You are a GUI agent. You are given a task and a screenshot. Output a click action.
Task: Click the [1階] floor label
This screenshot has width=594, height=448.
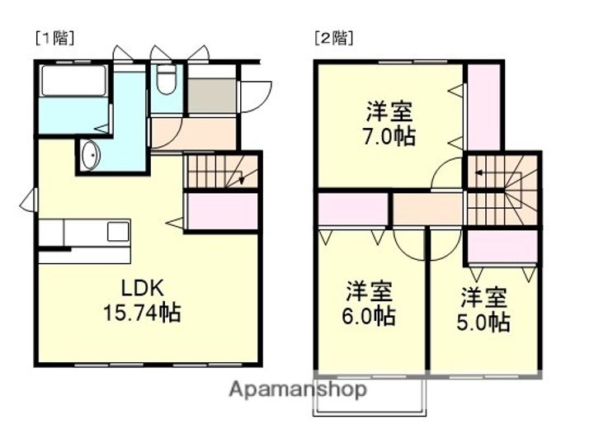tap(54, 37)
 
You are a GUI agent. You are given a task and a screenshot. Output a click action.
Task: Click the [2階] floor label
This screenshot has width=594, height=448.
tap(332, 37)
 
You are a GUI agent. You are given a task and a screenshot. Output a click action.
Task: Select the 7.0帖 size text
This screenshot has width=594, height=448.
tap(389, 136)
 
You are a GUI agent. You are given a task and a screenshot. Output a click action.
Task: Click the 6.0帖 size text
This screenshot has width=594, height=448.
tap(368, 316)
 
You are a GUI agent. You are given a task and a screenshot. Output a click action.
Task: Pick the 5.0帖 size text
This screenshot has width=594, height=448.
tap(483, 321)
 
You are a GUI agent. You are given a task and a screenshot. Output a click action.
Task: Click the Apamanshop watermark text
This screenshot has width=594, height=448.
tap(298, 389)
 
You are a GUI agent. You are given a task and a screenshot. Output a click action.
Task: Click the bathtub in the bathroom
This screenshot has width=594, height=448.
tap(73, 82)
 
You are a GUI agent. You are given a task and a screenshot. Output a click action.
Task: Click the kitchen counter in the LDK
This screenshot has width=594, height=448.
tap(84, 233)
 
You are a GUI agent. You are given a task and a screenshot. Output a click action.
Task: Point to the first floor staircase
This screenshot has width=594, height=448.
tap(219, 172)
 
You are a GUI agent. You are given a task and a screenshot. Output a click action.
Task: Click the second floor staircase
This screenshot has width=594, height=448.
tap(502, 190)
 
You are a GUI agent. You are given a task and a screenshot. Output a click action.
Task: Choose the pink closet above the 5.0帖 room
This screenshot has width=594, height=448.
tap(502, 247)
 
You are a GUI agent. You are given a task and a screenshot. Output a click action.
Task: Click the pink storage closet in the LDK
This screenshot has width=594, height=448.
tap(222, 210)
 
